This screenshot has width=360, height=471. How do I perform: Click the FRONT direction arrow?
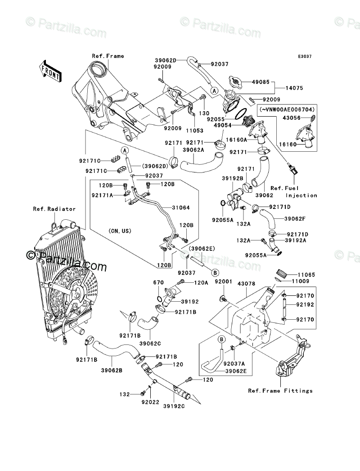[50, 70]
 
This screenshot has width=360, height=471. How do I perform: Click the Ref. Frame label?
[108, 56]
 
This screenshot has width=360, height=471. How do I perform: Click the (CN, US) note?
[119, 231]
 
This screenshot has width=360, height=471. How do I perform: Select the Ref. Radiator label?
[54, 209]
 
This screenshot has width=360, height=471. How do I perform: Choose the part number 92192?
[304, 305]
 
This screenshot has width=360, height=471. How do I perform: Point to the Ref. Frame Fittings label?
[280, 390]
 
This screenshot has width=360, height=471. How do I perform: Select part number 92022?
[149, 401]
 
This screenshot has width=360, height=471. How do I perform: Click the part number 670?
[157, 282]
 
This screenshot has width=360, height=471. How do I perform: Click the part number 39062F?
[294, 219]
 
